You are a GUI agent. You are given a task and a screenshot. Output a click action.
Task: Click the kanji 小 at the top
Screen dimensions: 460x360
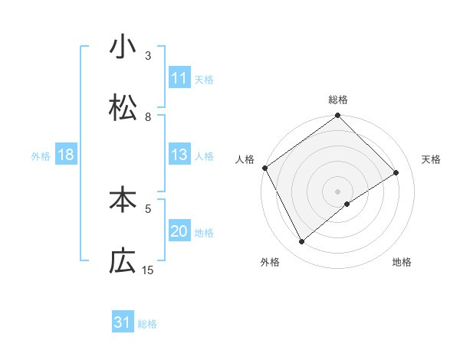click(123, 47)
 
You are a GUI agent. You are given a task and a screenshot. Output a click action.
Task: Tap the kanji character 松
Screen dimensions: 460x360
click(123, 108)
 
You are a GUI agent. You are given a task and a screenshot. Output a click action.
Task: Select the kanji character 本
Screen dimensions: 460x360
click(123, 200)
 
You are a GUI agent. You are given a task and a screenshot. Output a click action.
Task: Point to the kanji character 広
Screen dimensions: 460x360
click(123, 261)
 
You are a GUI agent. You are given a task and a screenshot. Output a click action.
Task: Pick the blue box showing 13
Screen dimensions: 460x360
click(179, 154)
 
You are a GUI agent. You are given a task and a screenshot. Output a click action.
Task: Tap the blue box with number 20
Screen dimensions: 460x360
click(179, 231)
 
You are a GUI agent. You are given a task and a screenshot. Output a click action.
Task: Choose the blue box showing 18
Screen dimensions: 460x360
click(66, 155)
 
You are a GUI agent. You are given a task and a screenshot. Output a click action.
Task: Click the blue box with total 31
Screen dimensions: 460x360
click(123, 322)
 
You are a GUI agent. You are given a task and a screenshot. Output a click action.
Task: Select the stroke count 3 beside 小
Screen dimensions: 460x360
click(148, 56)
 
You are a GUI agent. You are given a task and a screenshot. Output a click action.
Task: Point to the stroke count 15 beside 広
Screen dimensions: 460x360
click(148, 270)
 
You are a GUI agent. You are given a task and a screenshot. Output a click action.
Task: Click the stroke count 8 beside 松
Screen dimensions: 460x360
click(148, 117)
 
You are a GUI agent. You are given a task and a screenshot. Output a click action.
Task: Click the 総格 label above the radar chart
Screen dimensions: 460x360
click(338, 100)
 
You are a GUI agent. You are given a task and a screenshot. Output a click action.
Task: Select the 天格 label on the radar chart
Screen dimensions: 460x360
click(432, 159)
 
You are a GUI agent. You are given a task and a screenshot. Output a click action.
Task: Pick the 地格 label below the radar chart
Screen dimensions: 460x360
click(402, 262)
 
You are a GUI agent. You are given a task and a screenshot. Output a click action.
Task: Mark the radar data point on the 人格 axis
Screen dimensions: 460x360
click(264, 168)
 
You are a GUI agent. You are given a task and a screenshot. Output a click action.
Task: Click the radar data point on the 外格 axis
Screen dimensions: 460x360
click(302, 242)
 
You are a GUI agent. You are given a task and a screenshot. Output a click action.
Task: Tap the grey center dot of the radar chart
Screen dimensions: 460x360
click(338, 191)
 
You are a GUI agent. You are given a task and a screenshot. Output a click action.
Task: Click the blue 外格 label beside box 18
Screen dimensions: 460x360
click(41, 155)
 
